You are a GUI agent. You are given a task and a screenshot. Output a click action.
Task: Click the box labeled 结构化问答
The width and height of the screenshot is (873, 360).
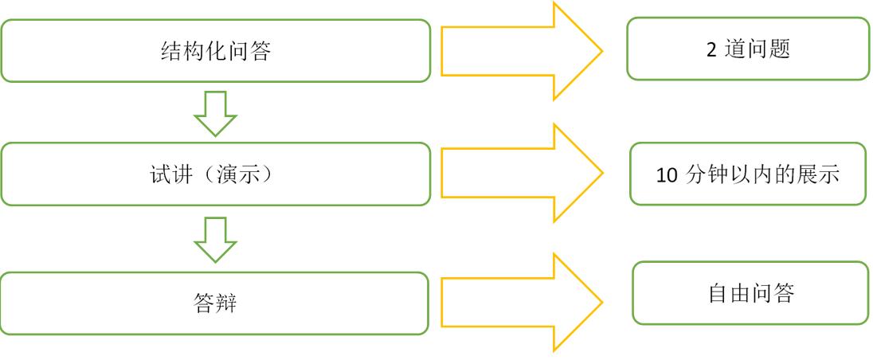coord(215,49)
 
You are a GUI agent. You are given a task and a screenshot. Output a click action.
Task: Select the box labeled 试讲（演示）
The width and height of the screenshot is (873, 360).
coord(215,173)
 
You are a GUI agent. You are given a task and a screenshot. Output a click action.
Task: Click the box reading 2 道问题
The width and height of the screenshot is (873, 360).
coord(747,49)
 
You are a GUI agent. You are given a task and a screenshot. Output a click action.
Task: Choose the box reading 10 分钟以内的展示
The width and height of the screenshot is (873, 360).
coord(747,174)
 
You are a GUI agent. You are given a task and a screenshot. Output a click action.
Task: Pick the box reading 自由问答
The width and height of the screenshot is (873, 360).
coord(750,292)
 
